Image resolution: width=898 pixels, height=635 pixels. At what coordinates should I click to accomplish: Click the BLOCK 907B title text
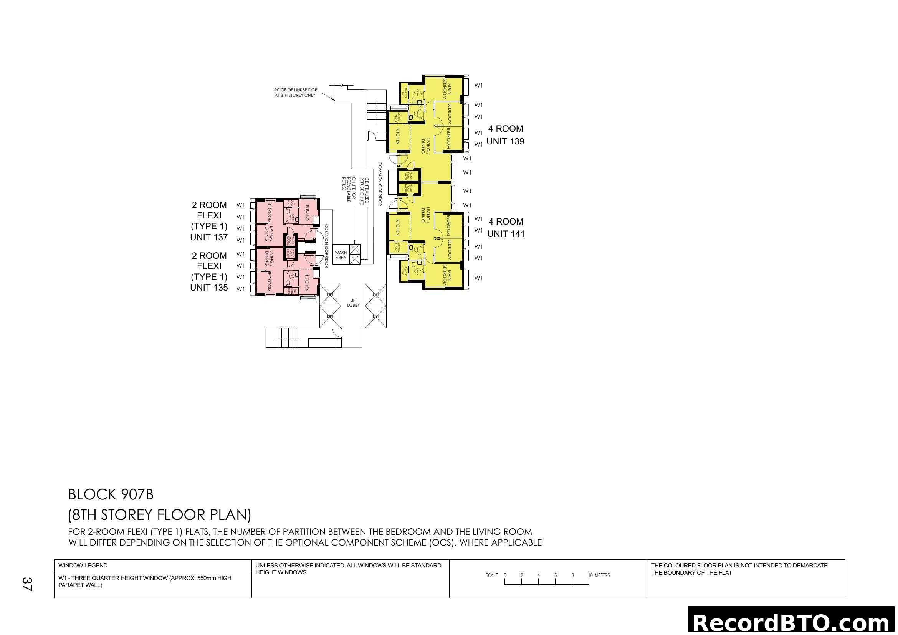[111, 495]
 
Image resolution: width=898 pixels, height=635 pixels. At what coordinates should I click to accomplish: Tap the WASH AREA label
[341, 255]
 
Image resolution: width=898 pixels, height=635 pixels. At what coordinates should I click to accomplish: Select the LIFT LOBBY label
[353, 303]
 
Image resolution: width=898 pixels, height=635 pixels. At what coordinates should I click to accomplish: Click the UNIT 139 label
[505, 142]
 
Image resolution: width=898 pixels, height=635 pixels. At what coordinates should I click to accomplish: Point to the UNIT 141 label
[506, 234]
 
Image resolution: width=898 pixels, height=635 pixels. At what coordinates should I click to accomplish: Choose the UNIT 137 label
[209, 237]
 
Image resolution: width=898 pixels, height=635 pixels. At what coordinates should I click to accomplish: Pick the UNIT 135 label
[209, 288]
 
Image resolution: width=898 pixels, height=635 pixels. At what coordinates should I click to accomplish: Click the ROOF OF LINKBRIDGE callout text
[296, 93]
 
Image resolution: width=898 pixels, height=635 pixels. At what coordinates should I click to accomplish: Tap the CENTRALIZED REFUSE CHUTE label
[364, 191]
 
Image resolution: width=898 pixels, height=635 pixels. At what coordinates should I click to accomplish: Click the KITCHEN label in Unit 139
[397, 136]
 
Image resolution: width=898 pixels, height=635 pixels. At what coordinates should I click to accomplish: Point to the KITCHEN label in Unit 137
[308, 213]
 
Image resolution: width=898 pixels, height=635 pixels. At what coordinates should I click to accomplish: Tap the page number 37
[27, 584]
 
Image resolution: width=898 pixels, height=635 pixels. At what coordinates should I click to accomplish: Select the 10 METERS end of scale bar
[599, 575]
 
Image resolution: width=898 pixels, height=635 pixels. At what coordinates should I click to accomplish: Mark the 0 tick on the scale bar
[505, 576]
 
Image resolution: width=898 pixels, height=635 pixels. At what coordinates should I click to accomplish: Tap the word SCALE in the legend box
[492, 575]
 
